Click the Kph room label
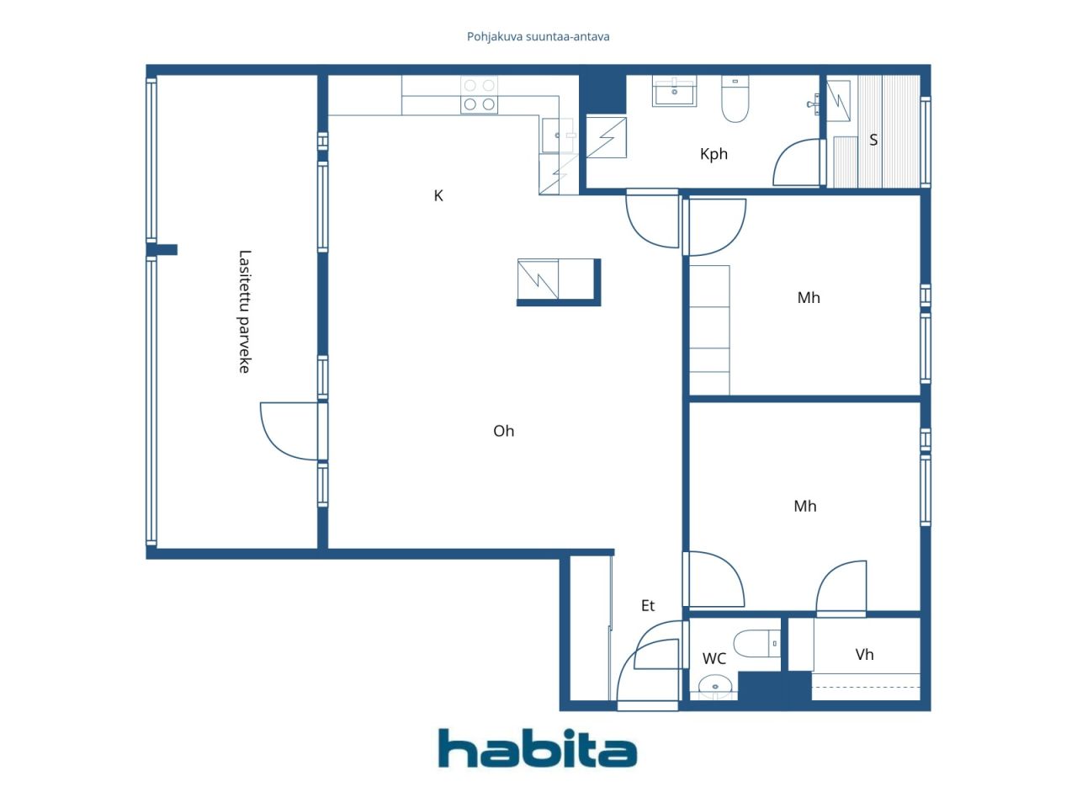pyautogui.click(x=714, y=155)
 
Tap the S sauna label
pyautogui.click(x=873, y=140)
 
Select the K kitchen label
pyautogui.click(x=438, y=196)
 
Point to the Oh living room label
pyautogui.click(x=503, y=431)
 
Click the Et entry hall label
pyautogui.click(x=648, y=605)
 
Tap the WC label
pyautogui.click(x=714, y=658)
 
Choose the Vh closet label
pyautogui.click(x=864, y=655)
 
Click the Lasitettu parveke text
pyautogui.click(x=244, y=311)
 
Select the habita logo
pyautogui.click(x=538, y=747)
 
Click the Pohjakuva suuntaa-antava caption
pyautogui.click(x=538, y=37)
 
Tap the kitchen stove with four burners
pyautogui.click(x=479, y=94)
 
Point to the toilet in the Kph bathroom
pyautogui.click(x=735, y=99)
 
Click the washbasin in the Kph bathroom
pyautogui.click(x=674, y=91)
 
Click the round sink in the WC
pyautogui.click(x=715, y=686)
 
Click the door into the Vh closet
pyautogui.click(x=841, y=588)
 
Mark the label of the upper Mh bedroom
pyautogui.click(x=809, y=297)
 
